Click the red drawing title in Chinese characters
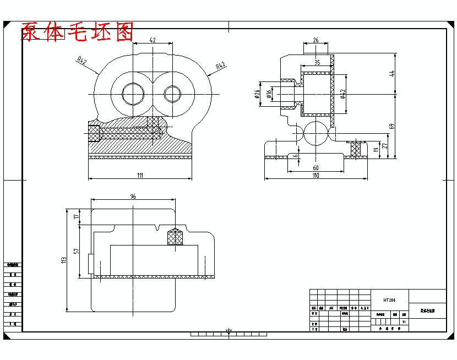pos(77,32)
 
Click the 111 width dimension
pos(140,175)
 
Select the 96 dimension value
pos(133,197)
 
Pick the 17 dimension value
pos(77,217)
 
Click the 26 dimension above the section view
pos(315,40)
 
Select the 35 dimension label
pos(317,63)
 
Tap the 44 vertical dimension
pos(392,74)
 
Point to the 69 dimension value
pos(392,126)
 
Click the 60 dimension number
pos(315,167)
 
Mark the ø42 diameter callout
pos(342,94)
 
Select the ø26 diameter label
pos(257,94)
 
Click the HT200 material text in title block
pos(389,301)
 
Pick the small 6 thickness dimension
pos(296,156)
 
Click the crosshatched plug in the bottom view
pos(175,237)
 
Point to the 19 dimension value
pos(376,149)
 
